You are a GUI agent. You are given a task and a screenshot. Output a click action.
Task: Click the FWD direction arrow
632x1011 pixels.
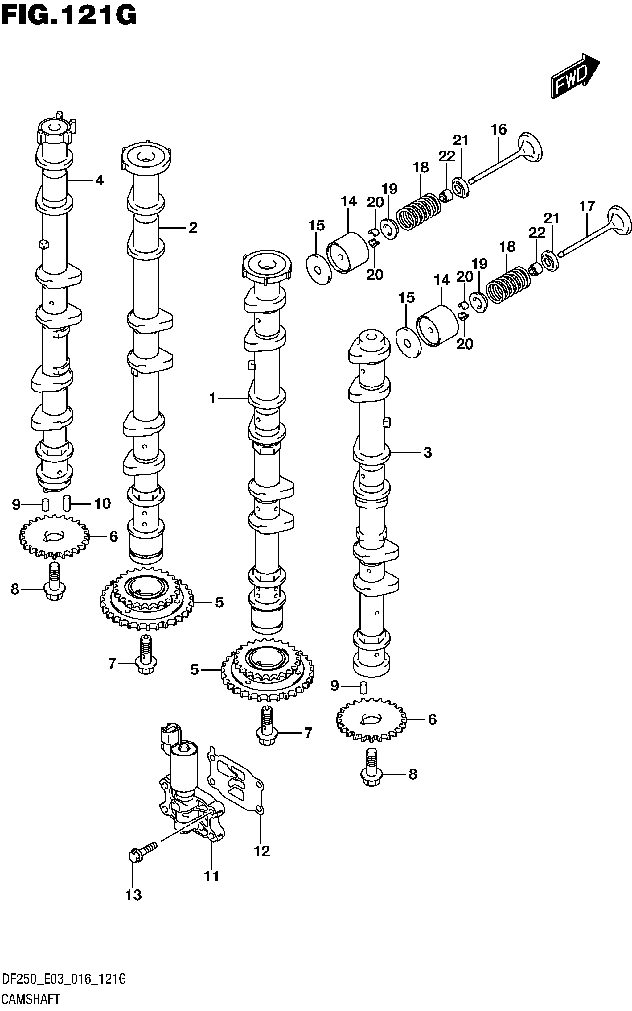pos(575,76)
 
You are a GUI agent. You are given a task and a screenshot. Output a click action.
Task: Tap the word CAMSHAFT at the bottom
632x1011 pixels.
pos(31,999)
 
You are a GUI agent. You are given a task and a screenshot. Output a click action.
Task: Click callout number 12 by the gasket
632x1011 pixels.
pos(262,851)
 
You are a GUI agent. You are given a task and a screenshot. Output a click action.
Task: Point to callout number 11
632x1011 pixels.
pos(211,876)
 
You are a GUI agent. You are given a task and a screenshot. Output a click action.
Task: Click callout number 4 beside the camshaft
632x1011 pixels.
pos(100,180)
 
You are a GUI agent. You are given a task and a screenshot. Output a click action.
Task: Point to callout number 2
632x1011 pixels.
pos(193,228)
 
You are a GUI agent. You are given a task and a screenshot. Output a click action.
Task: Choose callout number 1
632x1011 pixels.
pos(213,398)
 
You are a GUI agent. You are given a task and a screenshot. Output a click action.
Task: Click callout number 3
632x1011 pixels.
pos(427,452)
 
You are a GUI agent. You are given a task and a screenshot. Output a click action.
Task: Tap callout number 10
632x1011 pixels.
pos(102,503)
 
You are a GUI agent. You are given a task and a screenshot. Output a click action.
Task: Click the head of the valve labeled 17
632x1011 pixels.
pos(619,222)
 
